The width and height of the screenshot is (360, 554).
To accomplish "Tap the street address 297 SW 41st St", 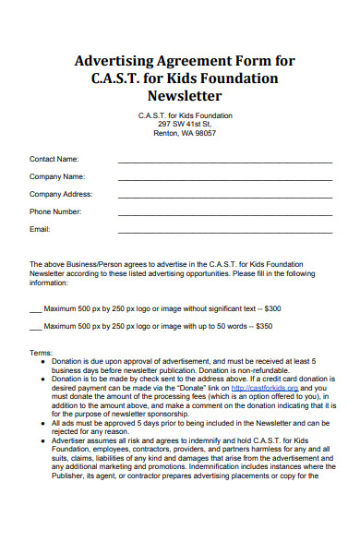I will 185,124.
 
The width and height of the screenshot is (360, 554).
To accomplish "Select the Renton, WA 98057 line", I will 185,133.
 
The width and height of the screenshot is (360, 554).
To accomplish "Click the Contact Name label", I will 54,159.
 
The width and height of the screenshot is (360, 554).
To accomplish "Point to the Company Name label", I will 57,176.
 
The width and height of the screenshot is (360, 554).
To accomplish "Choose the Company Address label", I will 61,194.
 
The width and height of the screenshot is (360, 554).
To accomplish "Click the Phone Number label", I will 56,211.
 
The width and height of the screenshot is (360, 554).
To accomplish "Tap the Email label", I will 40,229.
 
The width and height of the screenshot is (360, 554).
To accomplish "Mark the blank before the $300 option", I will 35,309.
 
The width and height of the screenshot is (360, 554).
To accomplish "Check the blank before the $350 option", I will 35,328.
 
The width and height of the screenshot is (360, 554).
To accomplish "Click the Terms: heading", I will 42,353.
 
